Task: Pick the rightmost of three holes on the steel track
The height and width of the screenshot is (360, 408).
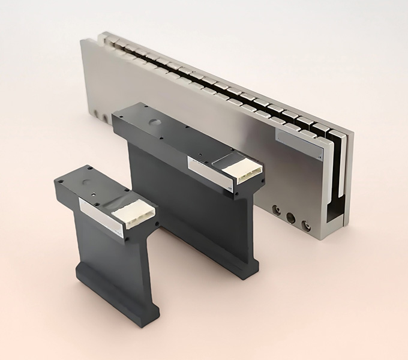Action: (x=306, y=225)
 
